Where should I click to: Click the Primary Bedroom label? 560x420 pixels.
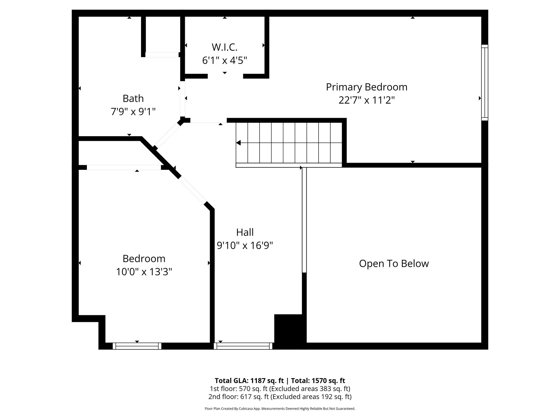click(x=366, y=87)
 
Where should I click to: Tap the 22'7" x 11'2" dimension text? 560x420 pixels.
click(x=366, y=101)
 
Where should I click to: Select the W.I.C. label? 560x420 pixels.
click(x=224, y=47)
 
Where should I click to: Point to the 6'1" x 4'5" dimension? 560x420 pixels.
click(x=224, y=60)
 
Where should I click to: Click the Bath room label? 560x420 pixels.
click(x=133, y=98)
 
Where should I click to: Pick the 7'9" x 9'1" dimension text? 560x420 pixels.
click(x=133, y=112)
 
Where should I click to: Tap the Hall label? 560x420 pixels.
click(x=245, y=232)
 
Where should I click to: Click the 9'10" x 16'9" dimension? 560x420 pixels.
click(x=245, y=246)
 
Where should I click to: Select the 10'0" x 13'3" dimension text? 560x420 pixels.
click(x=144, y=272)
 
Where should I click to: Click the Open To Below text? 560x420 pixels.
click(x=394, y=264)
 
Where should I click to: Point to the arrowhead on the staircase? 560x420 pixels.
click(x=238, y=143)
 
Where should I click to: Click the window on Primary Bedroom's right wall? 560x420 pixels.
click(x=485, y=83)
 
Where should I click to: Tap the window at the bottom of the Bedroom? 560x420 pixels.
click(x=137, y=346)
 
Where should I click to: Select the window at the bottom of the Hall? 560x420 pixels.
click(x=243, y=346)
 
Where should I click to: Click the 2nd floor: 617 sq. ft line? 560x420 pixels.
click(x=280, y=396)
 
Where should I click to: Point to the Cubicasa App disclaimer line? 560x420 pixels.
click(x=280, y=409)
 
